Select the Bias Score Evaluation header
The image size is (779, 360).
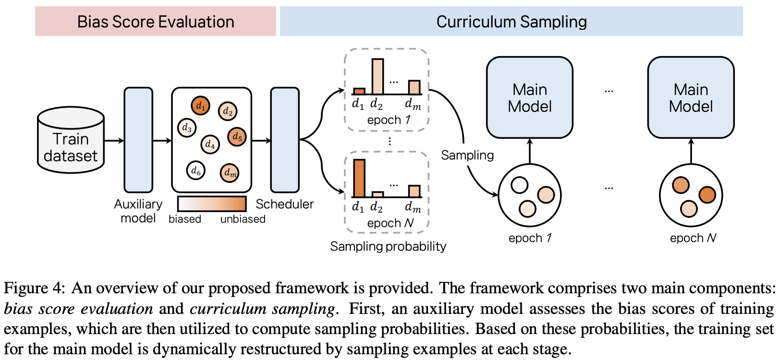(156, 22)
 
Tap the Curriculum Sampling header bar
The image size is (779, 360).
(511, 22)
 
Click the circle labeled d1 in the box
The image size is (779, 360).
(200, 106)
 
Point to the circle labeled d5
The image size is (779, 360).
(237, 137)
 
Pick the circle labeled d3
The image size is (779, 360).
(186, 128)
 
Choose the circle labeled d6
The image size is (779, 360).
(195, 170)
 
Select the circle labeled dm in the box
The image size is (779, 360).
(230, 173)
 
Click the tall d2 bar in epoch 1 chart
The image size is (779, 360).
(377, 77)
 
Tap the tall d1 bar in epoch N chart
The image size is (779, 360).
(359, 179)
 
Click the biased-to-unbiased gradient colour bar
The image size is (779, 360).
(212, 204)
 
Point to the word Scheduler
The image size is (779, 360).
(284, 204)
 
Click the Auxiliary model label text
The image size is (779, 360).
(138, 211)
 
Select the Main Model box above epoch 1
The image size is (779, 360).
(530, 98)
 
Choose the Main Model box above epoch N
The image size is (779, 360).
(691, 98)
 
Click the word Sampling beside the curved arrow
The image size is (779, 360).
(467, 155)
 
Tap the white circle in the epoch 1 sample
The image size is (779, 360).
(519, 185)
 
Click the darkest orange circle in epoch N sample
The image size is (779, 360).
(707, 195)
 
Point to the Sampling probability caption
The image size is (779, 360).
(388, 246)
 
